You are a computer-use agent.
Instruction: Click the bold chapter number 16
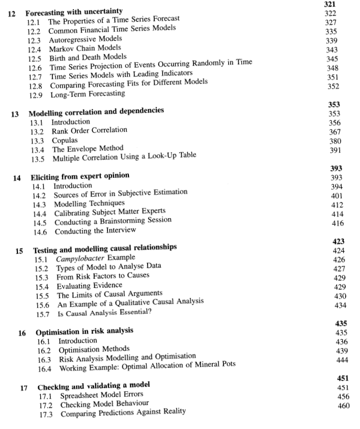pos(22,333)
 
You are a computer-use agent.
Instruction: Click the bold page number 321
pos(330,4)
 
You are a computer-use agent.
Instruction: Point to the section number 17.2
pos(47,404)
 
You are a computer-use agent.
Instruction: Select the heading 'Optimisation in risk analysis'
pos(84,331)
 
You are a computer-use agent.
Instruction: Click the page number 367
pos(335,131)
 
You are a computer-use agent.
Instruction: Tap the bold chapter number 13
pos(15,113)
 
